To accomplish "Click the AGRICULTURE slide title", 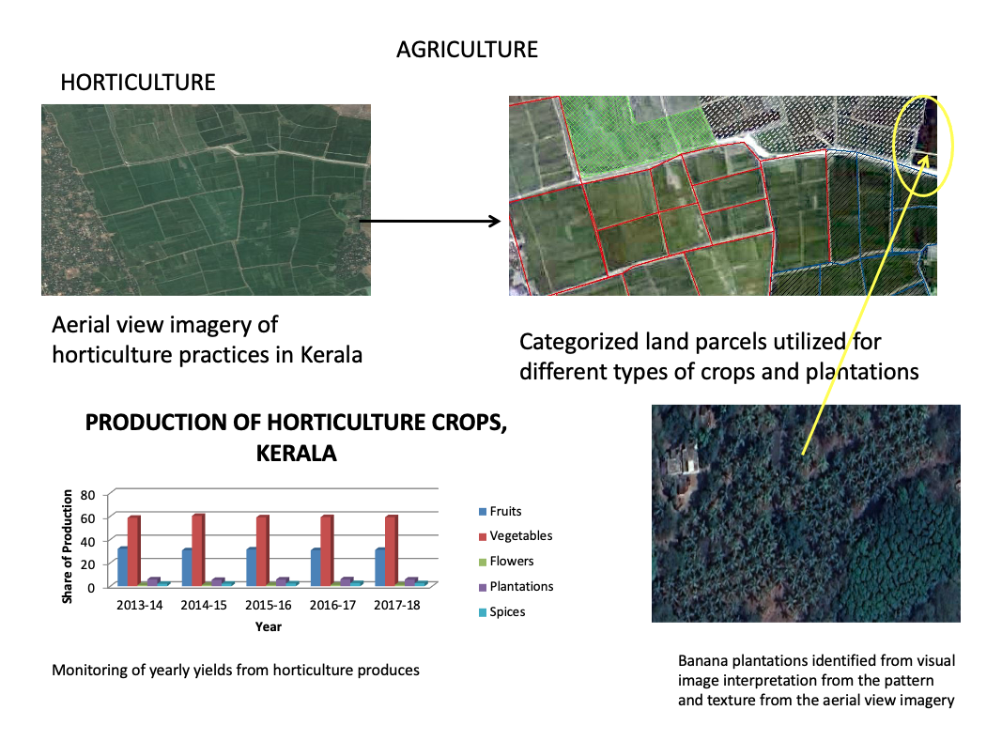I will (x=467, y=49).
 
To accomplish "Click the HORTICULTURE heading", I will (x=137, y=83).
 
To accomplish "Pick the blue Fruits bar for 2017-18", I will (x=379, y=567).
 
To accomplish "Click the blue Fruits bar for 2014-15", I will (x=187, y=567).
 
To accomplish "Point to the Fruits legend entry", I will (x=505, y=512).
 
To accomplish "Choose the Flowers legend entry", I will (x=511, y=562).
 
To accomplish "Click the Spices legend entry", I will (x=507, y=612).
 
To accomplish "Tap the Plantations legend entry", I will (x=521, y=587).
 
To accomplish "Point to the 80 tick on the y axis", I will (x=90, y=494).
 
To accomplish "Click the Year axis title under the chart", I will (x=268, y=626).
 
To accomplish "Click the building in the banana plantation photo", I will (x=683, y=462).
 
